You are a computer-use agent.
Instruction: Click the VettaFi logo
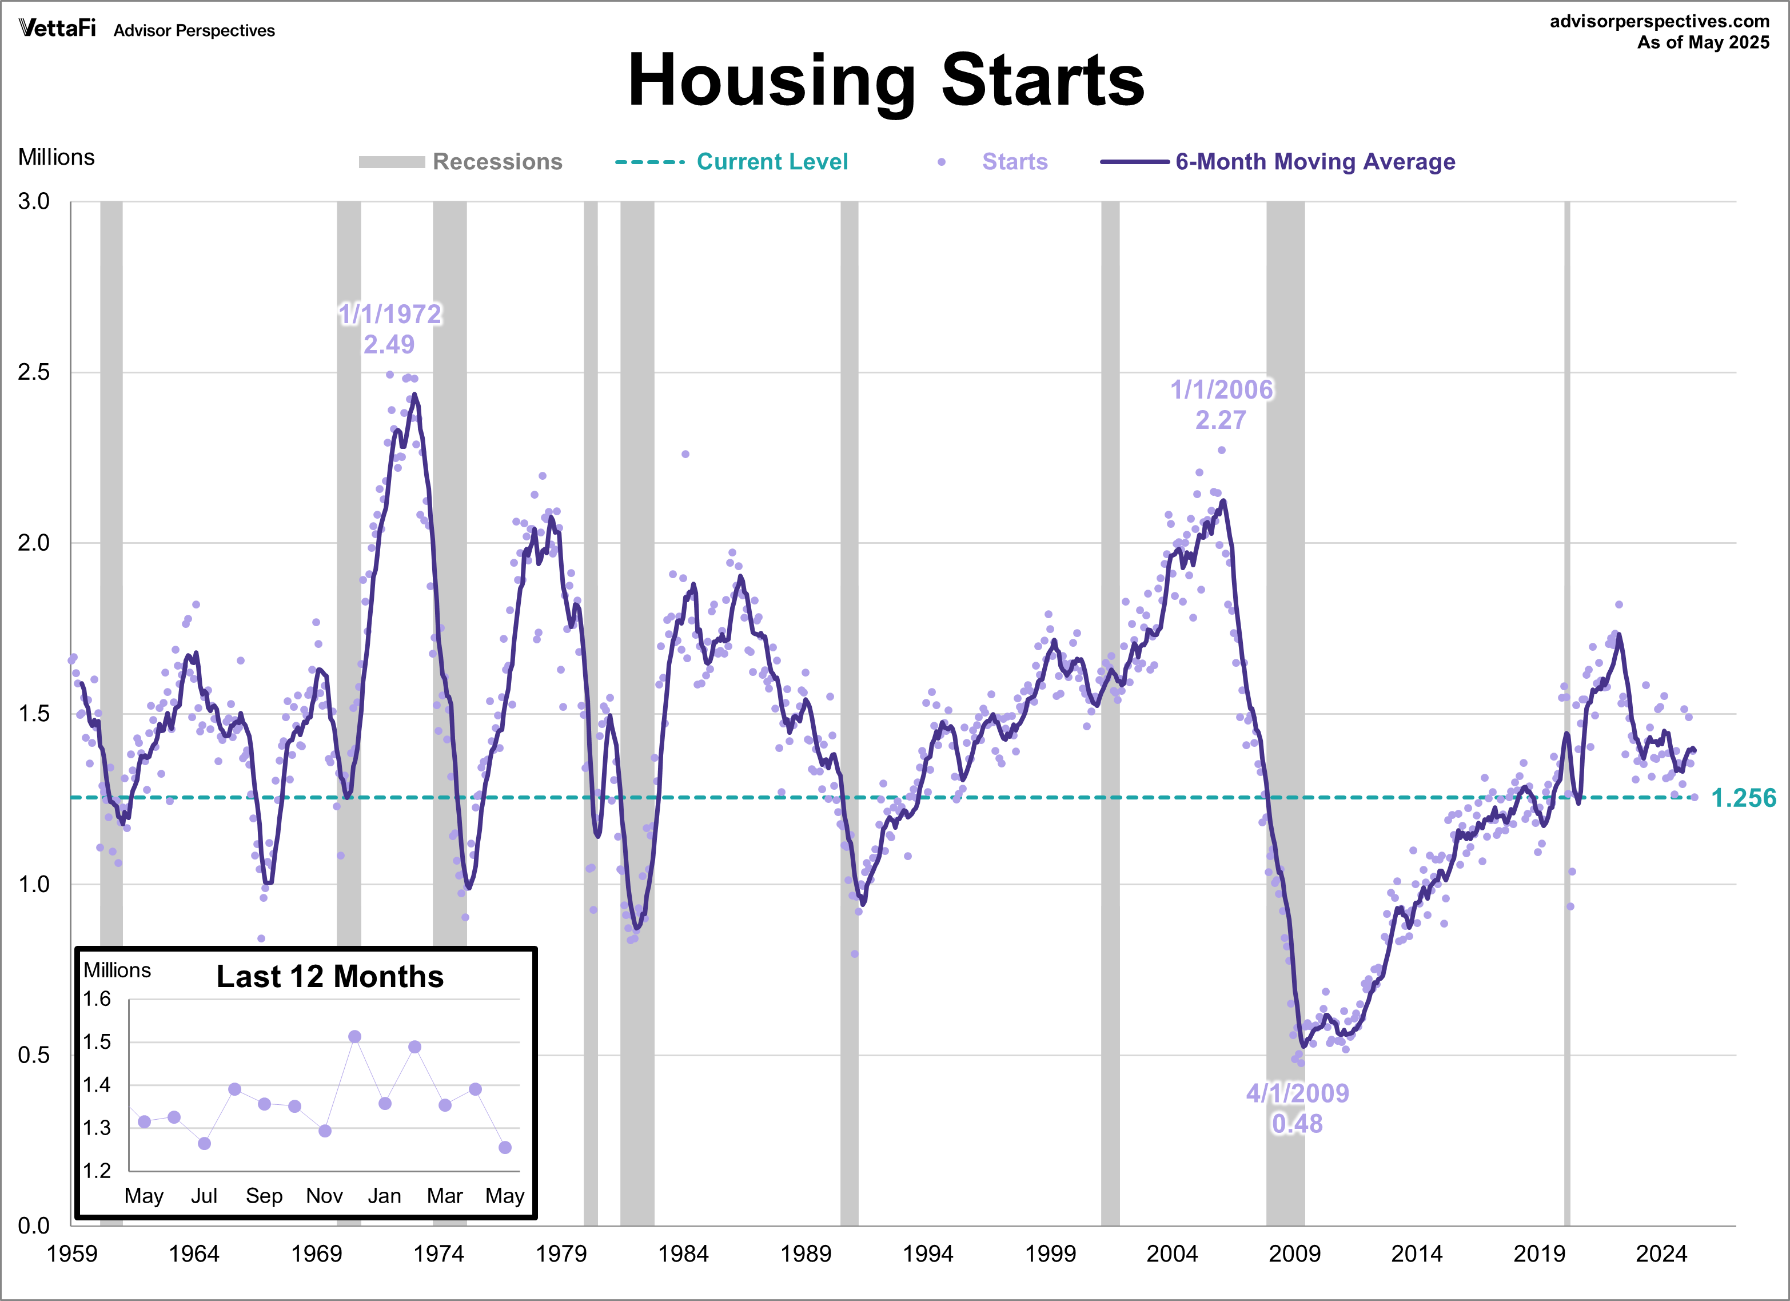(57, 29)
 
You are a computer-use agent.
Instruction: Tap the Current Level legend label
(771, 162)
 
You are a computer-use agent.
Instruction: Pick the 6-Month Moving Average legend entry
(1314, 162)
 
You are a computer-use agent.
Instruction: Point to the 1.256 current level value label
(1743, 798)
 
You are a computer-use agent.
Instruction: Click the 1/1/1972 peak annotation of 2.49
(390, 328)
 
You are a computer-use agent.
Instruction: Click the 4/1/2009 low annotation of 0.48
(1297, 1108)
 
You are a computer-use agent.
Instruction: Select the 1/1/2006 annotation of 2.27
(1221, 404)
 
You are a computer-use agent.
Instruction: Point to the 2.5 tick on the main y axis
(33, 372)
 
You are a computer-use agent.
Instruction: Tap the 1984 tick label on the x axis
(683, 1254)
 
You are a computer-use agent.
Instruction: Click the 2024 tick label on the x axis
(1661, 1254)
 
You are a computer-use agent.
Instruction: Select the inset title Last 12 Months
(330, 977)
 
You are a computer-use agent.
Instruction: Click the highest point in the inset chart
(354, 1037)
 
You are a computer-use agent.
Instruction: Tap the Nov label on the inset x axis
(324, 1195)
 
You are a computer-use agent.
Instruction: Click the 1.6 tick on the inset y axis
(97, 1000)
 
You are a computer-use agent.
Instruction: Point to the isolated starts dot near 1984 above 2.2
(685, 454)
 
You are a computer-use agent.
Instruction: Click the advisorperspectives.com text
(1659, 21)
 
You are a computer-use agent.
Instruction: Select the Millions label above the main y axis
(56, 157)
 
